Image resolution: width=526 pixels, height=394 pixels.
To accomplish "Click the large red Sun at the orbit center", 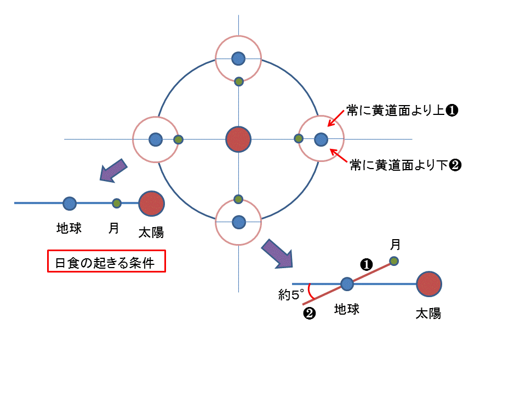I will [238, 139].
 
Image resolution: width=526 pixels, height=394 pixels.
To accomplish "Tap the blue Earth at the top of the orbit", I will [238, 58].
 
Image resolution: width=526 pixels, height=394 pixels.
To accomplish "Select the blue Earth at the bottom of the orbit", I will [238, 222].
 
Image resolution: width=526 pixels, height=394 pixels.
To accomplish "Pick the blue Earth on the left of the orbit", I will [156, 140].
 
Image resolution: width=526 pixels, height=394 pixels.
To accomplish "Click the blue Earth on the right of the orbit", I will [321, 140].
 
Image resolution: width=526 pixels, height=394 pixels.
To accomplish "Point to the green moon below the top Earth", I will [239, 82].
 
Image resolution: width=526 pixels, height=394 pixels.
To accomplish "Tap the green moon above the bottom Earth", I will [238, 199].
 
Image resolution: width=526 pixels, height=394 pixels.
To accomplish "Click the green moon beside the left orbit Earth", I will [178, 140].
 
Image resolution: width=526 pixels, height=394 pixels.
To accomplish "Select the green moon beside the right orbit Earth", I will [299, 139].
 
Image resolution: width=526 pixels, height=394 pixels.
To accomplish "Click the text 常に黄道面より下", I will [399, 165].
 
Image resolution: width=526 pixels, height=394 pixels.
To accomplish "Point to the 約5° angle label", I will [290, 296].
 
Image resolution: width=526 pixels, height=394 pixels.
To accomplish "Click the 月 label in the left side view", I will [113, 228].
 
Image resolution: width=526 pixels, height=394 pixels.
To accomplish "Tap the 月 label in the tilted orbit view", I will [395, 244].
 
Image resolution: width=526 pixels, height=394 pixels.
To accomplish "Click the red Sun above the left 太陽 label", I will [152, 203].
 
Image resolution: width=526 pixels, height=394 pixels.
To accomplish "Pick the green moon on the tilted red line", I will [394, 261].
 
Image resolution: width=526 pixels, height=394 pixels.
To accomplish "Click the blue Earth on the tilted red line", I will [347, 284].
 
